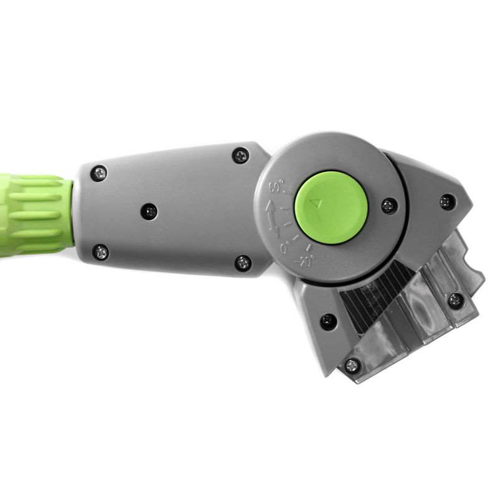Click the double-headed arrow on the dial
click(x=273, y=218)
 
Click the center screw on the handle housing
click(x=149, y=212)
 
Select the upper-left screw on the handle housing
click(x=98, y=173)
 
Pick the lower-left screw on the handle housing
click(x=100, y=252)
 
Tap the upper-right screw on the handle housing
click(x=240, y=156)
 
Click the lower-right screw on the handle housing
click(x=243, y=263)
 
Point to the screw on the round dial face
click(x=389, y=205)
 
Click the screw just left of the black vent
click(x=328, y=322)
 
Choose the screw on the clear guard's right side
click(x=456, y=301)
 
